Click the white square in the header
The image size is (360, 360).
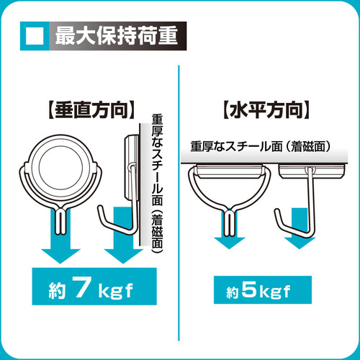(x=35, y=36)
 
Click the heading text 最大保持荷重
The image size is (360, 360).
(x=117, y=36)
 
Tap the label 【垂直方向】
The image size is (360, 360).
(x=91, y=110)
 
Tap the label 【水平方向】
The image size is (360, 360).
(x=266, y=110)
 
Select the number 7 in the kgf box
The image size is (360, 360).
(x=82, y=287)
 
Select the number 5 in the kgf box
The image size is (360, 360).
(x=249, y=289)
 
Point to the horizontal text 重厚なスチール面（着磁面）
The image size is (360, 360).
(x=261, y=146)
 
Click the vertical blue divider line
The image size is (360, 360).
(x=179, y=203)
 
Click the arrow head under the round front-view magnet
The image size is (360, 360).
(x=60, y=256)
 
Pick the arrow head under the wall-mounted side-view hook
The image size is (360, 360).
(x=123, y=256)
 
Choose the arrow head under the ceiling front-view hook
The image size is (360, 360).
(x=230, y=243)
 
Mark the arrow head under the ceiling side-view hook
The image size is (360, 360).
(x=300, y=243)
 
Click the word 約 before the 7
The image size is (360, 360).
(x=57, y=290)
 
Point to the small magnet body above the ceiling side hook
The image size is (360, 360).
(x=312, y=171)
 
